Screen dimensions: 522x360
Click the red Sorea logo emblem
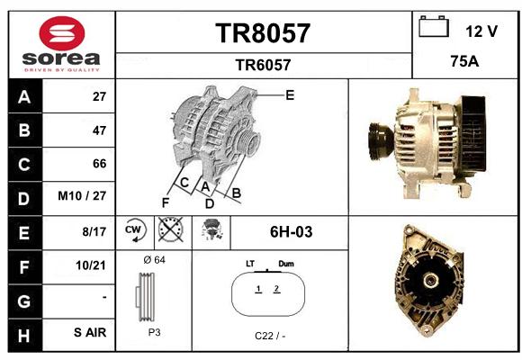point(62,33)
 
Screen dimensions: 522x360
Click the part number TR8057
point(263,33)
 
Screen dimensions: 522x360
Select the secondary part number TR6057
point(263,65)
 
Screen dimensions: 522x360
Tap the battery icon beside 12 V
point(434,26)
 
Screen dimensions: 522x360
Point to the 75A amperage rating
point(464,61)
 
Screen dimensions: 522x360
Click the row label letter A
point(24,97)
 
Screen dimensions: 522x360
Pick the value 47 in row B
point(99,130)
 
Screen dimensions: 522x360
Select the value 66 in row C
point(99,164)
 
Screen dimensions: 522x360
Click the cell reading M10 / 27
point(82,196)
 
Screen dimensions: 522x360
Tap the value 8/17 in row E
point(94,231)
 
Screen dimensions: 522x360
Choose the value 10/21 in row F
point(91,265)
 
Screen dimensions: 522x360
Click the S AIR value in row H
point(90,332)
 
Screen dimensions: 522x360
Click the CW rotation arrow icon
point(135,229)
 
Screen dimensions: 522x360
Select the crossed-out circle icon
point(170,229)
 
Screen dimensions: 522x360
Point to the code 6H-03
point(291,232)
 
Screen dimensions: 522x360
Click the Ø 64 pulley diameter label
point(154,259)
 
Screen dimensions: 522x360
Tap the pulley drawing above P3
point(145,297)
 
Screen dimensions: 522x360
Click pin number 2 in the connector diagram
point(276,289)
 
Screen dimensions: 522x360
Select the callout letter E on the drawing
point(290,95)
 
